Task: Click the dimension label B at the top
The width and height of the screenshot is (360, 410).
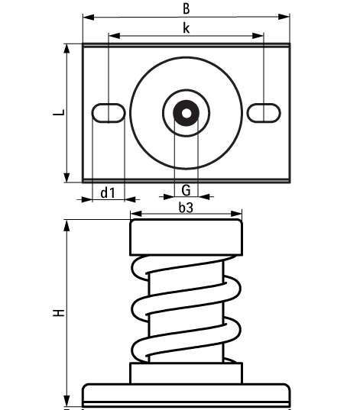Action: [186, 8]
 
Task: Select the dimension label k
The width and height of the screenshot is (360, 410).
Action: [186, 28]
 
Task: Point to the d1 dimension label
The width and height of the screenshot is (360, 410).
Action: [108, 192]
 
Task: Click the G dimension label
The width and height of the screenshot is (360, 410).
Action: [186, 189]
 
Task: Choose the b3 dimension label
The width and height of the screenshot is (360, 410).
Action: [186, 207]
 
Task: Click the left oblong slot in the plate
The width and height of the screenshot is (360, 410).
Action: [109, 113]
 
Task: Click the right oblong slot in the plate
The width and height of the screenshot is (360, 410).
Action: [262, 112]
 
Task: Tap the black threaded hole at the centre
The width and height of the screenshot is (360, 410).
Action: [186, 113]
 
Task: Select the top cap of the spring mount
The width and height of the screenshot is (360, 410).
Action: [186, 237]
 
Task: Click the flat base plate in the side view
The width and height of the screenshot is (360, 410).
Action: [186, 394]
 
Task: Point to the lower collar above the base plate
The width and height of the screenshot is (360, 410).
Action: [186, 373]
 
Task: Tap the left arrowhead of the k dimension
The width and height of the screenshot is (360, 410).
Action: [113, 34]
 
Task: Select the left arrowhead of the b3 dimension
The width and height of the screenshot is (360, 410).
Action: [135, 215]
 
